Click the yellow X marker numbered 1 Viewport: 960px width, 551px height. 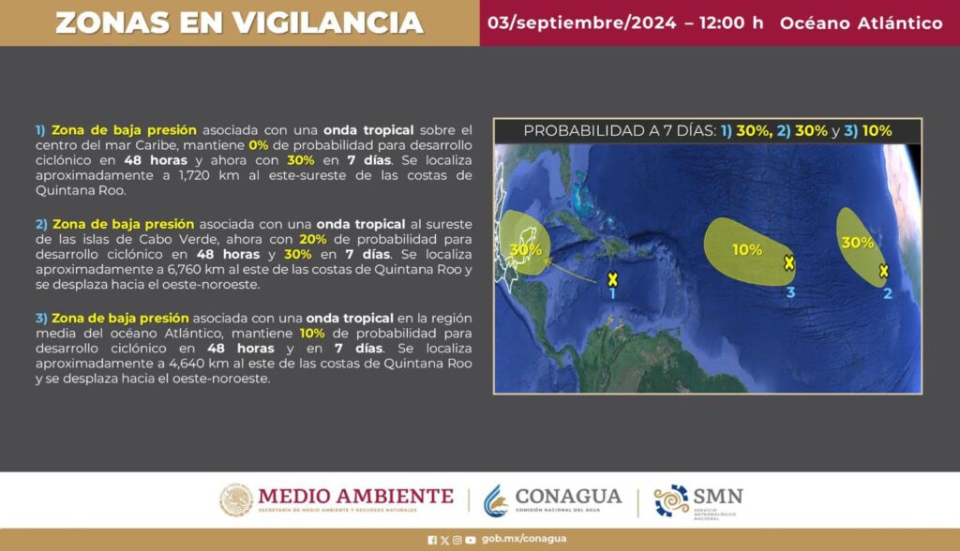(x=612, y=279)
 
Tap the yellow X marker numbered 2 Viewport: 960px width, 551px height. (x=883, y=271)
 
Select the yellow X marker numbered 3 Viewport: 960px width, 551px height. (x=789, y=263)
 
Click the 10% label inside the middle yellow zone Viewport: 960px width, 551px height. (x=747, y=250)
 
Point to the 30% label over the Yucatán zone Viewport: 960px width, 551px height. (x=525, y=250)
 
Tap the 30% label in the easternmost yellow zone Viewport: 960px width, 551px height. (x=857, y=243)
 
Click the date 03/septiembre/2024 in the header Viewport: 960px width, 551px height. (x=581, y=23)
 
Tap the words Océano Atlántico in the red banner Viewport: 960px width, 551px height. (x=861, y=23)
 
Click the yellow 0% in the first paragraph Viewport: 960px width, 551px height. (x=259, y=145)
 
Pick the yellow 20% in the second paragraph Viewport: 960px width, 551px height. (x=313, y=239)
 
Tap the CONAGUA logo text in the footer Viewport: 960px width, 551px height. (x=568, y=496)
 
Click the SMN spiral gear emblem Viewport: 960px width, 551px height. (x=671, y=500)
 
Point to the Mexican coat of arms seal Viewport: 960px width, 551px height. (x=236, y=500)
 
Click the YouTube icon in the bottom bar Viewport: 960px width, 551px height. (x=471, y=540)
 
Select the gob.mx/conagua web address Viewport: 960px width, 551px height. (x=524, y=539)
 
